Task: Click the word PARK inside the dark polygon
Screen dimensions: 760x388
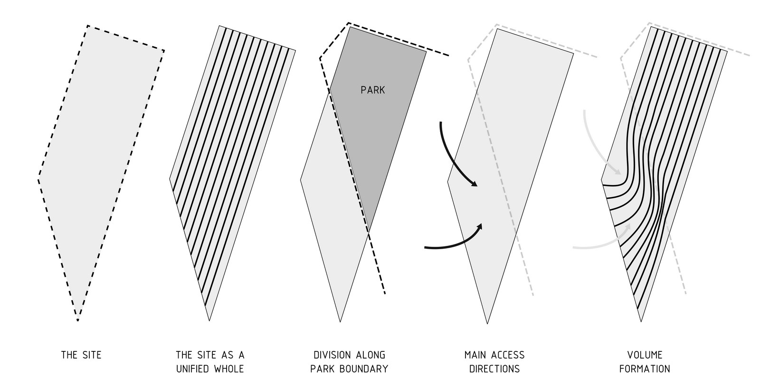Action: tap(372, 90)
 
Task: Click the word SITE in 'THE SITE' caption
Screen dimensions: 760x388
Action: tap(92, 355)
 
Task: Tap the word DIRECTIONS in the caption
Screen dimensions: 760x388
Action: tap(494, 369)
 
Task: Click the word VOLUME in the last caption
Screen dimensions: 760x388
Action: tap(645, 355)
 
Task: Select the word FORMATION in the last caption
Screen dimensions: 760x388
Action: tap(645, 369)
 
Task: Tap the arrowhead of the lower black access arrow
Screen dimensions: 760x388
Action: tap(480, 226)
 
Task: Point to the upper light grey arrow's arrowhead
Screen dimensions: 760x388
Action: tap(618, 172)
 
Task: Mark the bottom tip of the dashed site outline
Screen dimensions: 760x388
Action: tap(78, 320)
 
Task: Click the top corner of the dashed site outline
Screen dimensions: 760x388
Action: tap(87, 26)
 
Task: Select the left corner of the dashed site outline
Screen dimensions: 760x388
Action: tap(38, 179)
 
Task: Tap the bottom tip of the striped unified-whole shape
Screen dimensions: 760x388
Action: tap(209, 320)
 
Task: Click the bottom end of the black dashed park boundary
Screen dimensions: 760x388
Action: tap(385, 293)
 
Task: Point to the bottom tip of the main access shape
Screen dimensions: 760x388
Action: tap(487, 323)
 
